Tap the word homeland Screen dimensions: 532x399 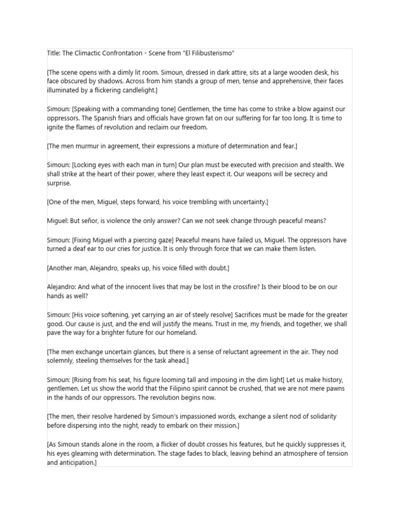pyautogui.click(x=179, y=332)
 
